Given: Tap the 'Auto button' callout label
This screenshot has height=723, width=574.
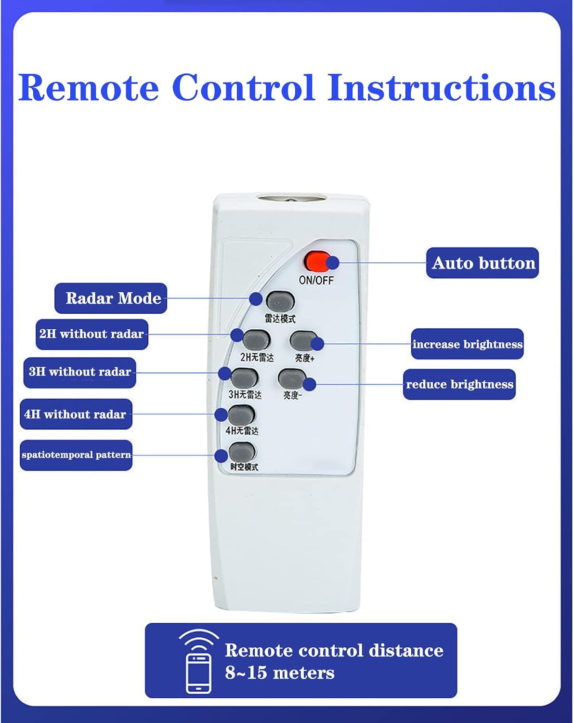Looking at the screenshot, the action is [x=483, y=263].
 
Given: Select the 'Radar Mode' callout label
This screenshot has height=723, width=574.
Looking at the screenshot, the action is [x=111, y=298].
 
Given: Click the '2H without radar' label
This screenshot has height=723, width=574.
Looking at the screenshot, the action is [x=92, y=335].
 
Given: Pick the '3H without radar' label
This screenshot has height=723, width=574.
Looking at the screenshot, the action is [x=80, y=372].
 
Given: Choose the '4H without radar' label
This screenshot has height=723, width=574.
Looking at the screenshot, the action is [x=76, y=414].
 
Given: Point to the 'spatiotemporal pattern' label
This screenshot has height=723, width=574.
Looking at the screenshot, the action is [x=76, y=455].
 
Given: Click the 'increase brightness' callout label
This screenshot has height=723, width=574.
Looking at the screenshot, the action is [x=467, y=344].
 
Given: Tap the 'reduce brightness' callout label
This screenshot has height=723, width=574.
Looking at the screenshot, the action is [x=459, y=384].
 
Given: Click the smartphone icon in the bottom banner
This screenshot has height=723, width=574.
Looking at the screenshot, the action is [x=199, y=673].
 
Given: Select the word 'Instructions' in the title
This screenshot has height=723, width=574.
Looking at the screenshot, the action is [x=442, y=87].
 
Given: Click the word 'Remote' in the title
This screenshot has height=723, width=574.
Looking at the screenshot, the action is [x=88, y=87].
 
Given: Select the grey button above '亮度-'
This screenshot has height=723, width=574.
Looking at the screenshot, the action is [x=292, y=379].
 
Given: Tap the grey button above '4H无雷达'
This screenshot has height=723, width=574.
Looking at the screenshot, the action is [x=242, y=415].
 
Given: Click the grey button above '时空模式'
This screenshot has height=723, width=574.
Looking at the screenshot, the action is [x=242, y=452].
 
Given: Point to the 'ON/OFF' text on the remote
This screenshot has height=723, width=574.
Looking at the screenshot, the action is [x=316, y=280].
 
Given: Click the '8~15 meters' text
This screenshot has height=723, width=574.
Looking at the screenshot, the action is [x=280, y=673].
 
